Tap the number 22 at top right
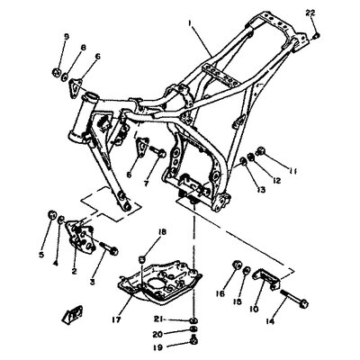(x=310, y=11)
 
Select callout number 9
(x=66, y=36)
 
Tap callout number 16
(x=219, y=293)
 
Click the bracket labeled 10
(x=265, y=274)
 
